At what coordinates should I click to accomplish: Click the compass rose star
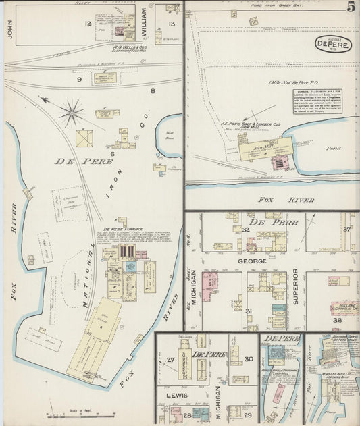click(x=72, y=112)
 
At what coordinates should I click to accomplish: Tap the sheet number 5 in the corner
click(x=351, y=7)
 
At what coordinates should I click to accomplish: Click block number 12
click(x=87, y=24)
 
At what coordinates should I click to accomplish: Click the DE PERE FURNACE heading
click(x=121, y=219)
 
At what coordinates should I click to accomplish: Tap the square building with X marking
click(x=84, y=138)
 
